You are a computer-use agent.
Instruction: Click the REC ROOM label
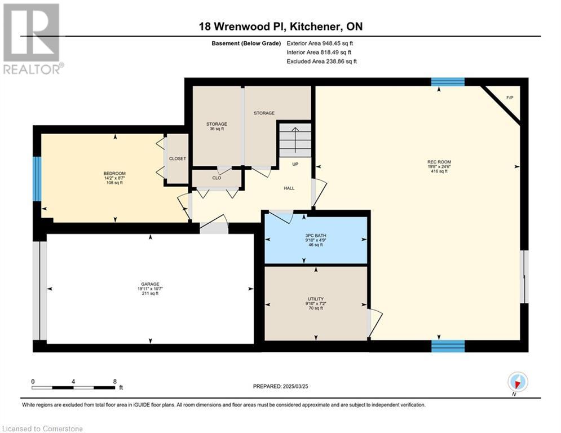tap(439, 162)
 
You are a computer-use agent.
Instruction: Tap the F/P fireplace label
tap(510, 98)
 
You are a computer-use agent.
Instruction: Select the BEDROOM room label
tap(114, 173)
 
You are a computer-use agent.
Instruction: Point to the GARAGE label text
tap(150, 284)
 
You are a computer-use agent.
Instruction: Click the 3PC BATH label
tap(316, 236)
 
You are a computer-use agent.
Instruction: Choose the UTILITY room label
tap(316, 299)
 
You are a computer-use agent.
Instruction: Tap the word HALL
tap(289, 188)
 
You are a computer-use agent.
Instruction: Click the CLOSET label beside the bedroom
tap(178, 158)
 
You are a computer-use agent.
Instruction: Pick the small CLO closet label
tap(217, 178)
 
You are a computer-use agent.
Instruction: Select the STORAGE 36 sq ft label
tap(217, 126)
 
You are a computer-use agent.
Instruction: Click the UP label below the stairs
tap(295, 164)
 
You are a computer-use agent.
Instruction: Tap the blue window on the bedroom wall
tap(37, 179)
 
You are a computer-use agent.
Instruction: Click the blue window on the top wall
tap(448, 82)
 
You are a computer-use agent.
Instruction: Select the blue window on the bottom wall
tap(448, 346)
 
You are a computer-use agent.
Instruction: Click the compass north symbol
tap(518, 382)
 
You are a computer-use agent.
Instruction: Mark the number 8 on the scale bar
tap(115, 382)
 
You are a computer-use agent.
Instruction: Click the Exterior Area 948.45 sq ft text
tap(320, 43)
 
